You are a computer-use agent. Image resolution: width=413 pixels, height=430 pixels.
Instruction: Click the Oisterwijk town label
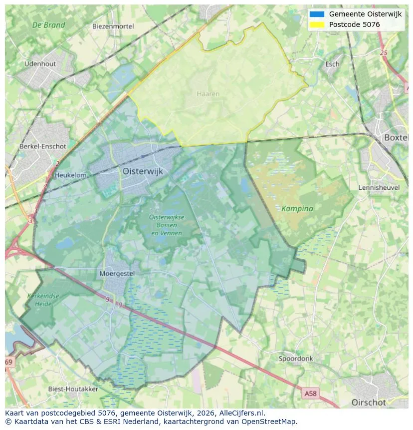pos(143,171)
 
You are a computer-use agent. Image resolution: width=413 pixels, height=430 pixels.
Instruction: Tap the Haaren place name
pos(207,94)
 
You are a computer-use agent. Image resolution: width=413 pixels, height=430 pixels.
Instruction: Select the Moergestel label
pos(117,274)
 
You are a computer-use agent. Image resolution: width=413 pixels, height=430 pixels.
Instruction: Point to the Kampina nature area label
pos(297,208)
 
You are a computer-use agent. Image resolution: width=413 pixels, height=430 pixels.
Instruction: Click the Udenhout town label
pos(40,64)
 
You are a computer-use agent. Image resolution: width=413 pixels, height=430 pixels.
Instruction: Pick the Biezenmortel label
pos(113,26)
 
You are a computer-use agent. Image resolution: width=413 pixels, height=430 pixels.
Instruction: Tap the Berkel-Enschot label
pos(42,146)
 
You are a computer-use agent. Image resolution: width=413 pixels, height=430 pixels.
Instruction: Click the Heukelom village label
pos(70,175)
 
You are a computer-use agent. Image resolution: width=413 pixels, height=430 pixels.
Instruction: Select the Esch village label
pos(332,64)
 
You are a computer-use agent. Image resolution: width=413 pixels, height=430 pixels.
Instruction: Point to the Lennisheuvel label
pos(379,187)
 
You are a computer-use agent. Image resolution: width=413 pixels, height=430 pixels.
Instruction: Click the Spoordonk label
pos(296,359)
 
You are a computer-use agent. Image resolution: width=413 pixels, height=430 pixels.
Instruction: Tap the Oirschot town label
pos(369,402)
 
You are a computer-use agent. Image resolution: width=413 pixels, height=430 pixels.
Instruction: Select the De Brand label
pos(48,25)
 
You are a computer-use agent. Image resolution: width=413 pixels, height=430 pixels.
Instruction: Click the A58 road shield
pos(310,394)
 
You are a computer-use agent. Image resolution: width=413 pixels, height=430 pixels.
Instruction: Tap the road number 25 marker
pos(383,53)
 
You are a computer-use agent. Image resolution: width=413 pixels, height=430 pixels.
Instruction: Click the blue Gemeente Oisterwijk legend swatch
pos(317,14)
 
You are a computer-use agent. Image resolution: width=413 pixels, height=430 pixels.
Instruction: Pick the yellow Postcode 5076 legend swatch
pos(317,24)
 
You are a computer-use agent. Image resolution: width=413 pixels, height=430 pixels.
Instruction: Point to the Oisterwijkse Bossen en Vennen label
pos(167,225)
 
